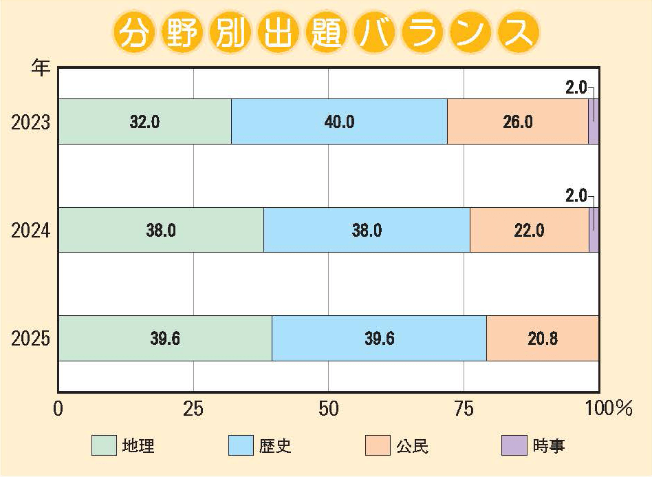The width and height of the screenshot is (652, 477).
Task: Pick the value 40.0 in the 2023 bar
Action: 340,122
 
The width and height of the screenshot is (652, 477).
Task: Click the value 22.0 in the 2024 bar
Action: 530,230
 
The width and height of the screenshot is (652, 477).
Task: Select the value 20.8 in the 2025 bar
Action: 543,338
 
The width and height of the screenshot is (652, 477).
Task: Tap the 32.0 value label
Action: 144,122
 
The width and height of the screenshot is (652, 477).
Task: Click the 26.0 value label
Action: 518,122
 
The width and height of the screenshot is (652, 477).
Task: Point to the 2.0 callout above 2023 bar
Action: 575,87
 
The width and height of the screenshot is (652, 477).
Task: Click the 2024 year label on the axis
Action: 31,231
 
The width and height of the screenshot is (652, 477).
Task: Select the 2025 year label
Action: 31,339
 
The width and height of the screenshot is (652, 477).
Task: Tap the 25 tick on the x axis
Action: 193,409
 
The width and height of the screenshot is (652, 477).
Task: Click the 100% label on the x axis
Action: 608,409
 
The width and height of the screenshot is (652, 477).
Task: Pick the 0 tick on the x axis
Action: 58,409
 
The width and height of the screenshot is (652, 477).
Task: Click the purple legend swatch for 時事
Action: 514,446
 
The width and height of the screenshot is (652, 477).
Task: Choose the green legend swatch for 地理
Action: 104,446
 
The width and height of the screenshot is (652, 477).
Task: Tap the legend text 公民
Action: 413,446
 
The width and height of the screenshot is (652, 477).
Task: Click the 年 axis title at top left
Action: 41,67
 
